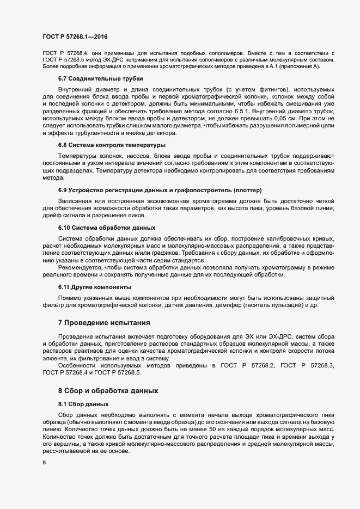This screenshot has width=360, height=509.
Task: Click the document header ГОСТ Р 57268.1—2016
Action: click(x=75, y=36)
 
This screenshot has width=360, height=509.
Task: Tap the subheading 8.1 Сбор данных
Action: click(x=83, y=404)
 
